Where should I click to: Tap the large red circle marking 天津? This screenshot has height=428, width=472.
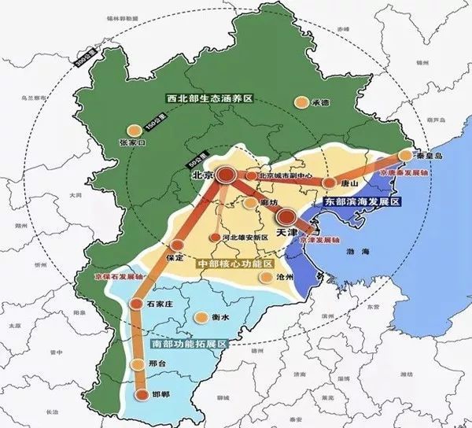tap(287, 216)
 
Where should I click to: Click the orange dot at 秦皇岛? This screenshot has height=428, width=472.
tap(406, 155)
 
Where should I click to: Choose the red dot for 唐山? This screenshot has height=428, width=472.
tap(329, 183)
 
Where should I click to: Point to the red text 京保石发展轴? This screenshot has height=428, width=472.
tap(100, 277)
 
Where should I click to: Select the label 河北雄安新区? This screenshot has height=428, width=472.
tap(245, 237)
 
